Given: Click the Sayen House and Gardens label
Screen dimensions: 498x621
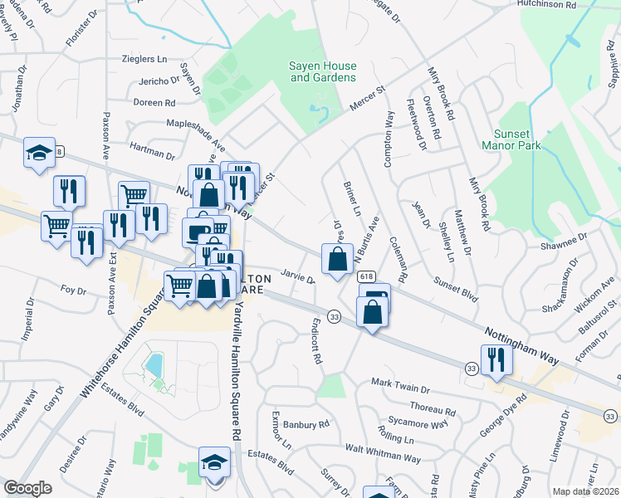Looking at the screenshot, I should [x=322, y=71].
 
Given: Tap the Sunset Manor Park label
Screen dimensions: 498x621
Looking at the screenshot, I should [x=511, y=139].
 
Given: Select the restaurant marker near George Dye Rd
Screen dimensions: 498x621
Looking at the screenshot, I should [x=496, y=359].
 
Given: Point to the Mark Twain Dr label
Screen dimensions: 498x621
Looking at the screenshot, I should [x=400, y=387].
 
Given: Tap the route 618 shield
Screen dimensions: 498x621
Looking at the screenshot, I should [x=366, y=276].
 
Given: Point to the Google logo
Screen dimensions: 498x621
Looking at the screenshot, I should [x=27, y=488].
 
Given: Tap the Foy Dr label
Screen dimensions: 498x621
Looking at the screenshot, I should [x=74, y=290].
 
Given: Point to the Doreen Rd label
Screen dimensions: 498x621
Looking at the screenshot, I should [x=154, y=103].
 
